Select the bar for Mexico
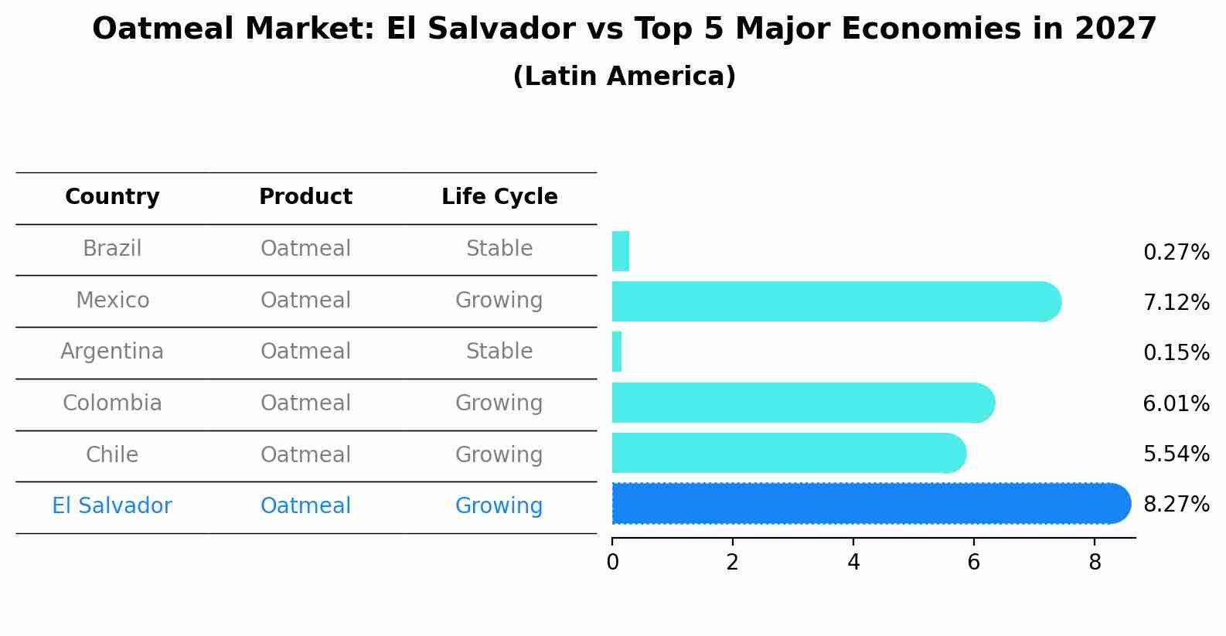pyautogui.click(x=835, y=301)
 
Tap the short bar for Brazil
pyautogui.click(x=621, y=251)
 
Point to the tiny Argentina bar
pyautogui.click(x=617, y=352)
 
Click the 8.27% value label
pyautogui.click(x=1176, y=505)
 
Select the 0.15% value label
pyautogui.click(x=1176, y=353)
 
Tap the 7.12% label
pyautogui.click(x=1176, y=302)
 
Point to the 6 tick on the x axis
pyautogui.click(x=973, y=563)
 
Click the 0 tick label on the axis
pyautogui.click(x=612, y=563)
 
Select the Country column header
pyautogui.click(x=112, y=197)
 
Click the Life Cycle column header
pyautogui.click(x=499, y=197)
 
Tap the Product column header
pyautogui.click(x=305, y=197)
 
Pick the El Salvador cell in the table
pyautogui.click(x=112, y=506)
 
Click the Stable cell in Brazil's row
pyautogui.click(x=499, y=249)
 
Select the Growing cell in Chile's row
pyautogui.click(x=499, y=454)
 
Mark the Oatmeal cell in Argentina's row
pyautogui.click(x=305, y=352)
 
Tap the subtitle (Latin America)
pyautogui.click(x=624, y=77)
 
